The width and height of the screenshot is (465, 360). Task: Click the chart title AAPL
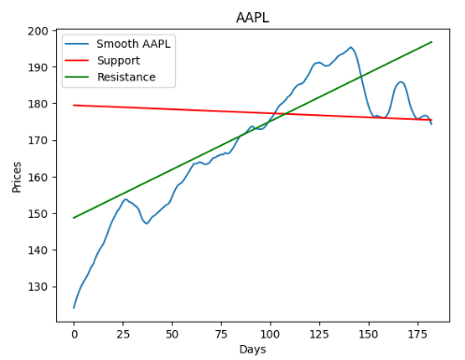pos(253,19)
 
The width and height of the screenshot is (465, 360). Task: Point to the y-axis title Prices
pos(16,175)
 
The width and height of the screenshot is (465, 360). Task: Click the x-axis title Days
pos(253,350)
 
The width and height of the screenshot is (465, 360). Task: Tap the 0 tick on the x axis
pos(74,333)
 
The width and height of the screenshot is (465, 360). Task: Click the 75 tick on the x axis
pos(222,333)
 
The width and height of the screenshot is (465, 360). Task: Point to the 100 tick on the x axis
pos(270,333)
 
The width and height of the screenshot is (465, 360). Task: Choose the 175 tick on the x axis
pos(418,333)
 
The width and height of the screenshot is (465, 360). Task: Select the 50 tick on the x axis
pos(172,333)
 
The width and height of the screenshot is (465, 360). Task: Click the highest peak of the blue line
pos(351,48)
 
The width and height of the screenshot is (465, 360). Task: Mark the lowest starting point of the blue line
pos(74,308)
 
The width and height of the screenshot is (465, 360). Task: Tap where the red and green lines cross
pos(283,114)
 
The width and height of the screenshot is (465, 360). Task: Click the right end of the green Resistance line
pos(432,42)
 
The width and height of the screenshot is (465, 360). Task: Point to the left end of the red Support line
pos(74,105)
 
